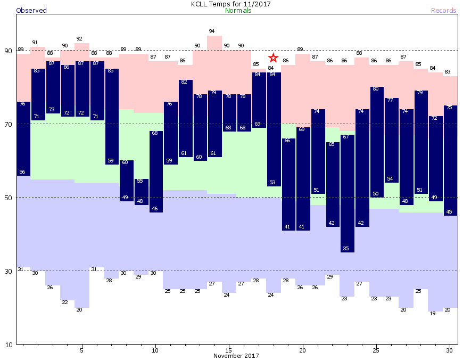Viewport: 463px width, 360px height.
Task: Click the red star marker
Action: [x=273, y=58]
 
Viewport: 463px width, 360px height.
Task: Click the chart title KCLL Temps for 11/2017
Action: [x=231, y=4]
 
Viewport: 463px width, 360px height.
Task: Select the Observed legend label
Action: [x=31, y=11]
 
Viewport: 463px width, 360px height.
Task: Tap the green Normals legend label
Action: [x=238, y=11]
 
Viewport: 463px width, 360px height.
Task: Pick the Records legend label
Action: [x=443, y=11]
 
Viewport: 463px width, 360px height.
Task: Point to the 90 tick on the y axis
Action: [x=9, y=51]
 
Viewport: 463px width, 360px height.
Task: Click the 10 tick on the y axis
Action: [x=9, y=345]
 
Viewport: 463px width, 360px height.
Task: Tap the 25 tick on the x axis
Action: [x=376, y=350]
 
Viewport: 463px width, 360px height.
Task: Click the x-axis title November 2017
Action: [x=236, y=356]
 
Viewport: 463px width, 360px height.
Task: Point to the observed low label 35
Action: [x=346, y=249]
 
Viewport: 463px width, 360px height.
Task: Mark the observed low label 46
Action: [x=155, y=209]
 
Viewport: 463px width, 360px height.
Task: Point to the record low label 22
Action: [x=65, y=302]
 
